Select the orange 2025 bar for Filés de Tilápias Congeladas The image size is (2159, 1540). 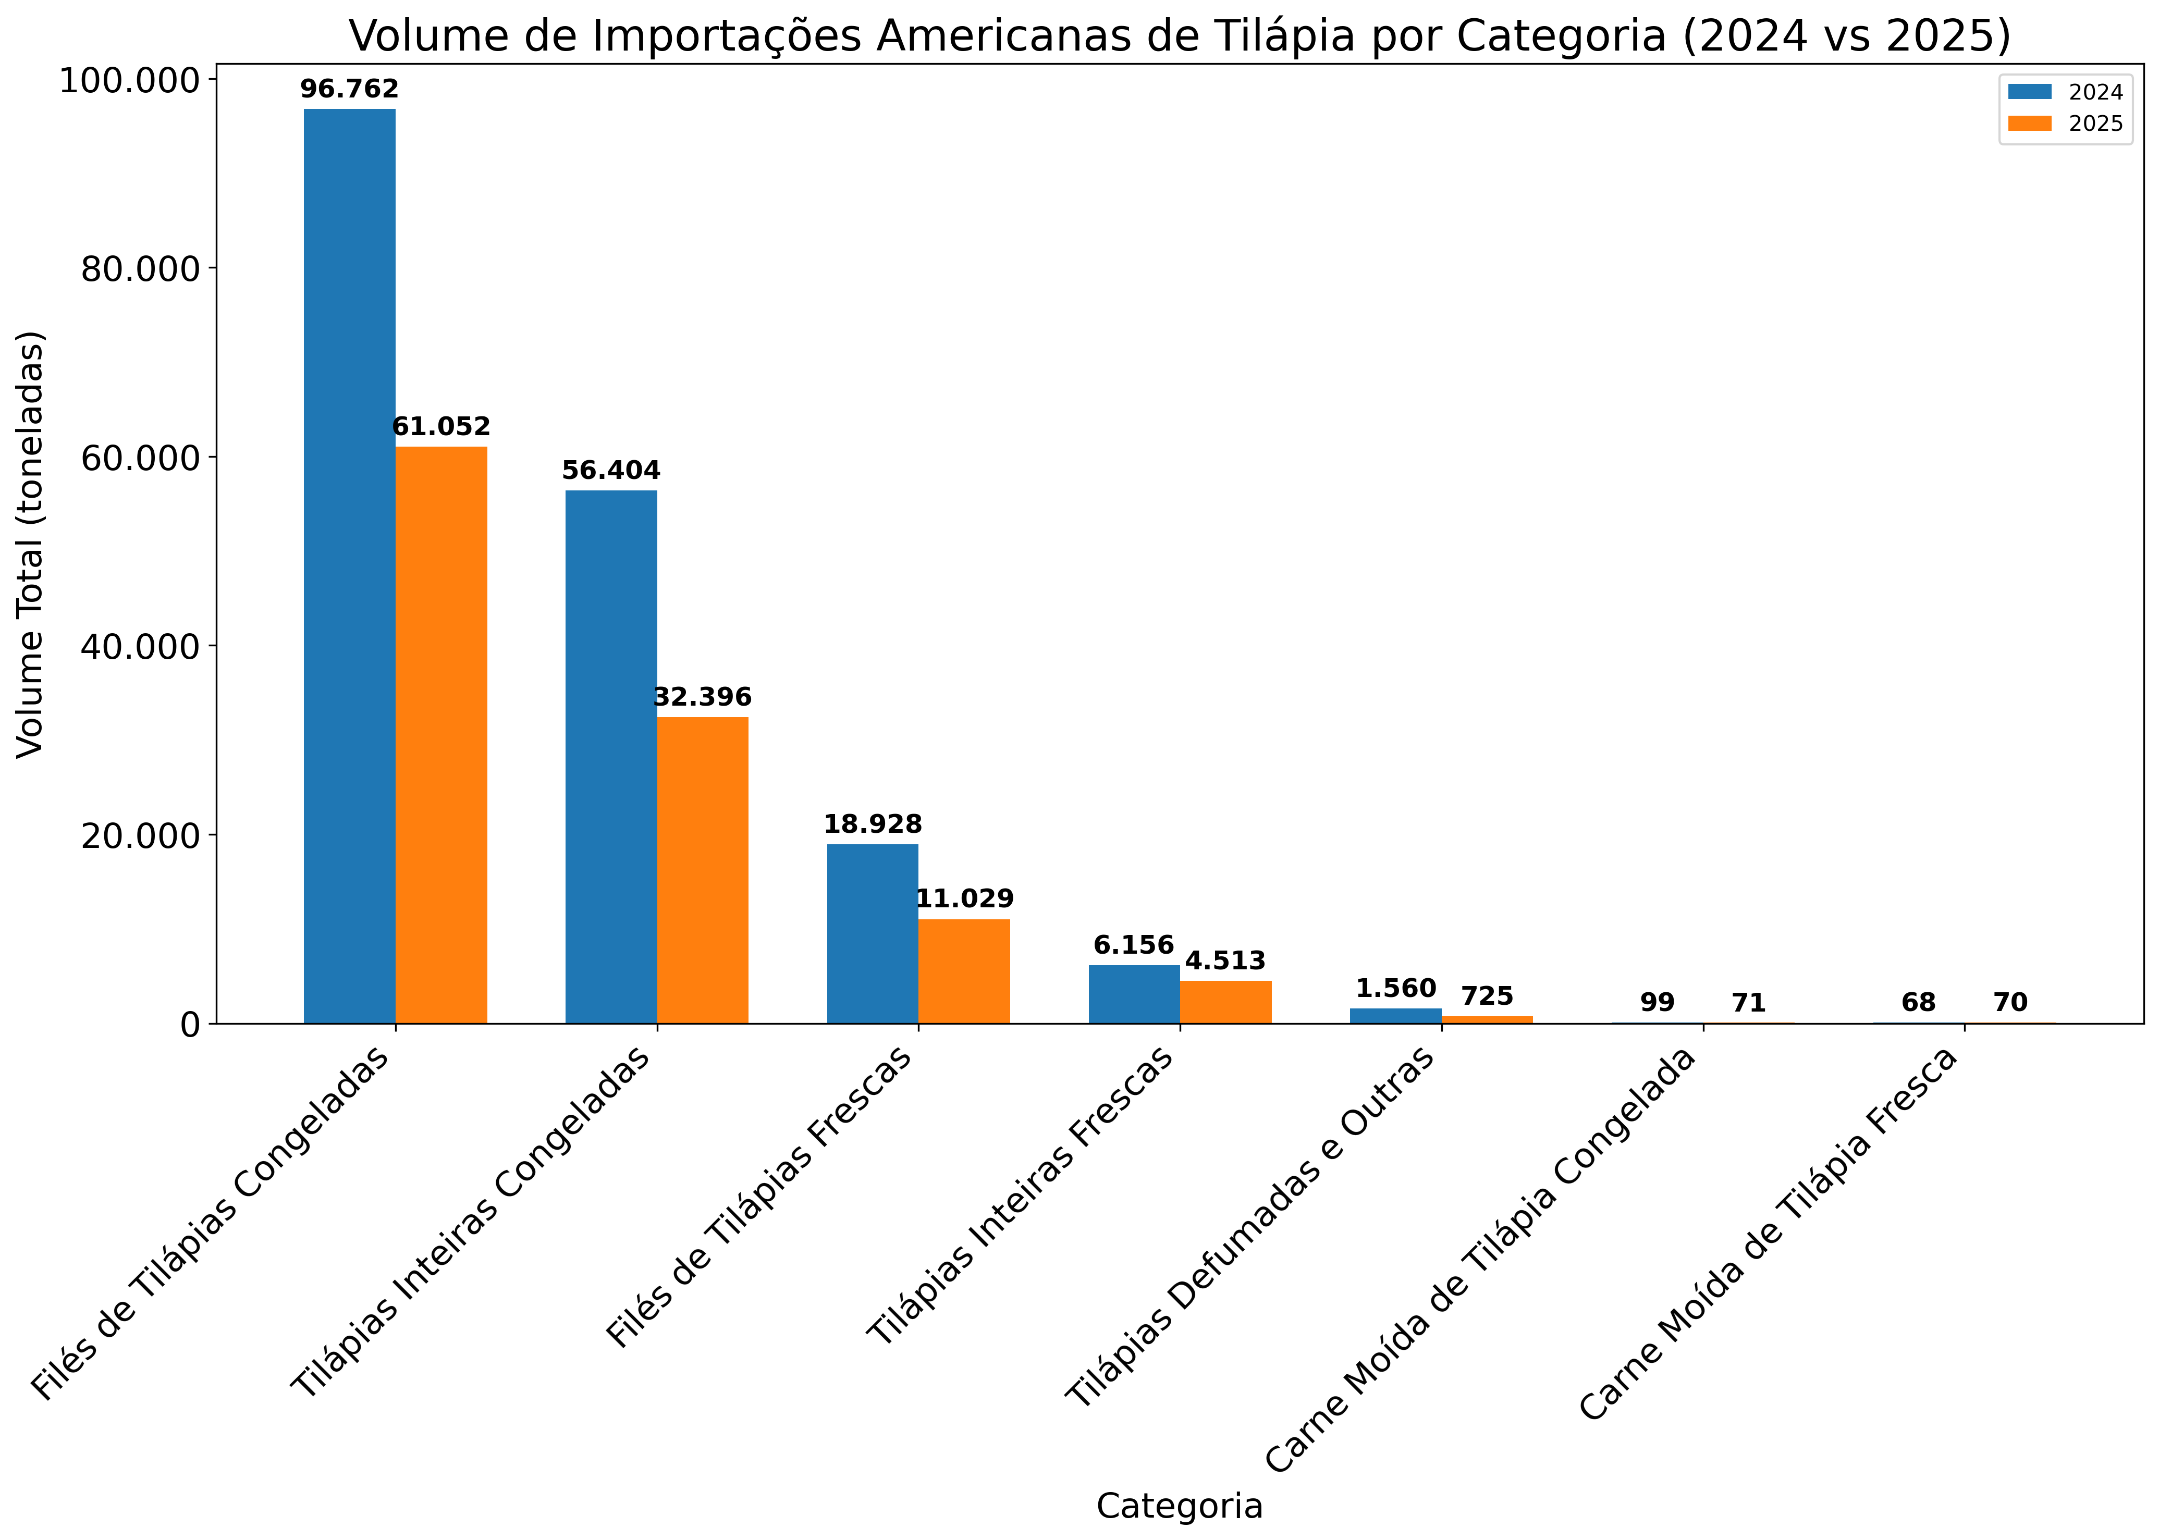tap(441, 735)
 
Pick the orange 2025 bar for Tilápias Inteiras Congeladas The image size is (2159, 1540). tap(703, 870)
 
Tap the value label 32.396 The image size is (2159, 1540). tap(703, 698)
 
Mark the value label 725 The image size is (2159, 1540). tap(1487, 996)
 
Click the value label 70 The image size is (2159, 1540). tap(2010, 1002)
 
